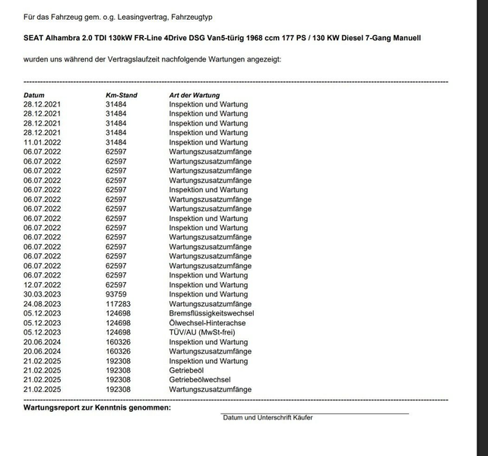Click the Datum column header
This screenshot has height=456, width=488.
point(35,94)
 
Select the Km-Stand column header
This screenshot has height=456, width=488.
point(121,94)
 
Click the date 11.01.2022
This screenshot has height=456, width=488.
point(43,142)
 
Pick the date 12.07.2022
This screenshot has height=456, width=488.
point(43,285)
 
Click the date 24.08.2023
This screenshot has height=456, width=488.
point(43,304)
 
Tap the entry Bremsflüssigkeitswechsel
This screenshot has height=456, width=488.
point(211,313)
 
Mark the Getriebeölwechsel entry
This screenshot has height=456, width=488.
point(200,380)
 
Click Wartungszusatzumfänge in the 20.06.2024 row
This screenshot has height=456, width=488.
point(210,351)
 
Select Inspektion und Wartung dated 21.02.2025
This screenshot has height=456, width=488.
point(208,361)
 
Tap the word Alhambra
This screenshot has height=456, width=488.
point(68,38)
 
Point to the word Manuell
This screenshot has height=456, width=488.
point(404,38)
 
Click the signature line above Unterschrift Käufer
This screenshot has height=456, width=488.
point(315,413)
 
